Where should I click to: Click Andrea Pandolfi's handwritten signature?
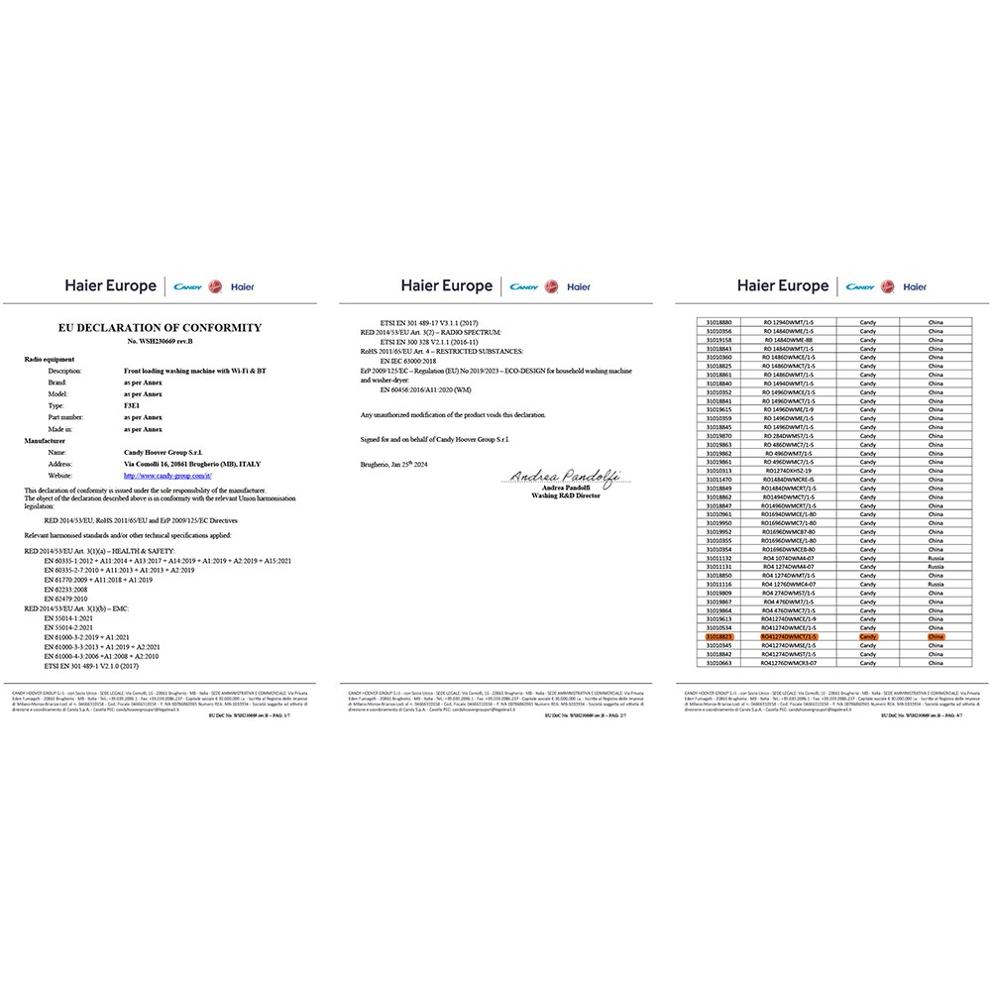pos(565,477)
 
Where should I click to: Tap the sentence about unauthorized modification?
pos(453,413)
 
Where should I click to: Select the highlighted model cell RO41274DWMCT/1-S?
pos(789,636)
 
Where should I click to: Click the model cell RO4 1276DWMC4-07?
pos(789,585)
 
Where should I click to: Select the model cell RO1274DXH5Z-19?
pos(789,471)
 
